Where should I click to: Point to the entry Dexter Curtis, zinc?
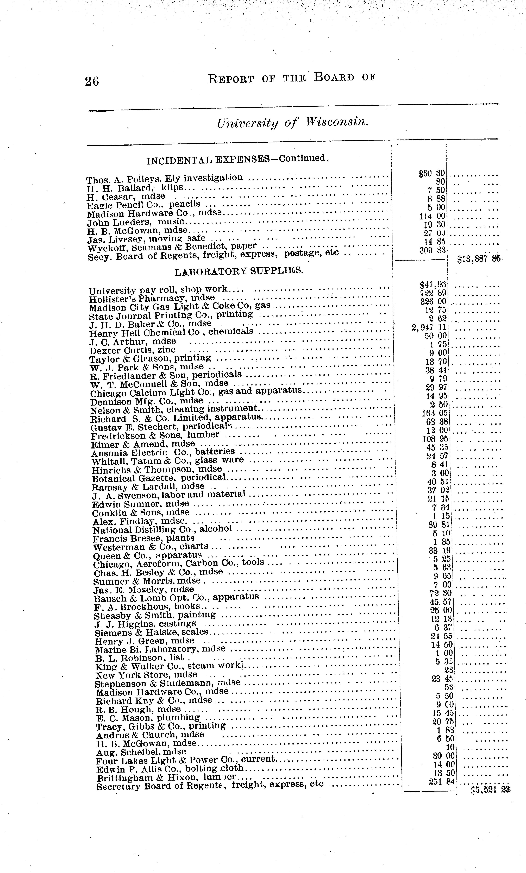(132, 350)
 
